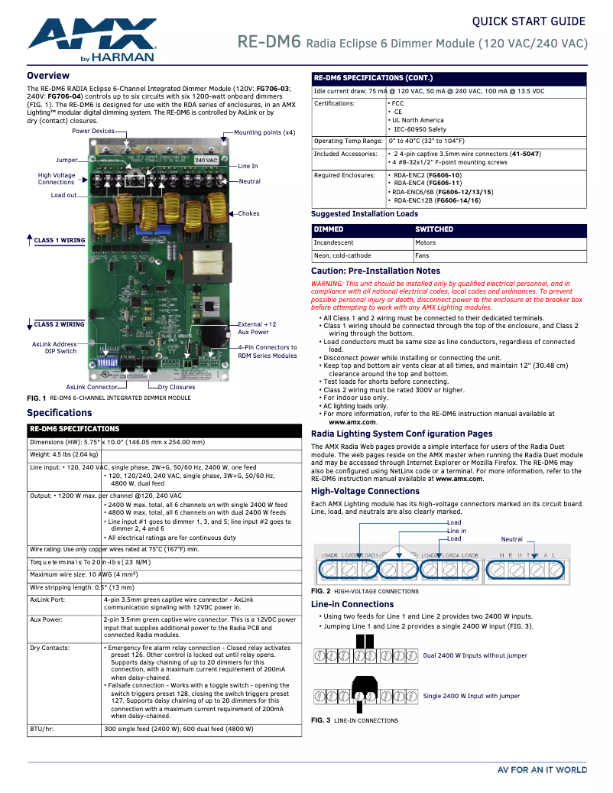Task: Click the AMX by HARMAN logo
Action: [92, 39]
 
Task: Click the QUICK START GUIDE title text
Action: [528, 21]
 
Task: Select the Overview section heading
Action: [48, 76]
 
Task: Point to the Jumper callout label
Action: [66, 161]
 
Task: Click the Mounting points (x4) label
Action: [264, 132]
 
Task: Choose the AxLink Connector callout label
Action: [91, 387]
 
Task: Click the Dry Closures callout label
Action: [177, 387]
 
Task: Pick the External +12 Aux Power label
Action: [257, 328]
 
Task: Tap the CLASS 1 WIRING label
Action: [59, 240]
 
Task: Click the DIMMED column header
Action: [329, 229]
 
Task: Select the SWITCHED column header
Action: [434, 229]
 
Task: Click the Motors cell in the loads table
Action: [426, 242]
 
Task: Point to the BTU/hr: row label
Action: [41, 730]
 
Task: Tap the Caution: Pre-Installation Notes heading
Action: [375, 271]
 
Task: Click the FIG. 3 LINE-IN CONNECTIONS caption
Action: [354, 720]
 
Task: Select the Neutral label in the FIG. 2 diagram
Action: [511, 540]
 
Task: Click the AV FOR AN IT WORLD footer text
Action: [542, 770]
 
